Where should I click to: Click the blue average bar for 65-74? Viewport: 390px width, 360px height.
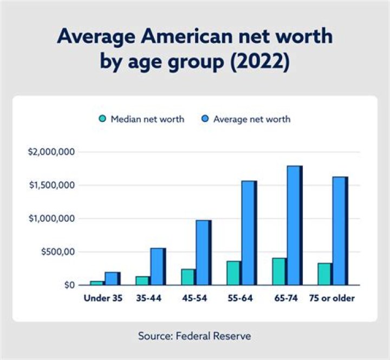(x=294, y=225)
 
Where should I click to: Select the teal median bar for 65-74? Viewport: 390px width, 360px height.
(x=279, y=271)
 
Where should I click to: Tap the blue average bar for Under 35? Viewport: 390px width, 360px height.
(x=112, y=278)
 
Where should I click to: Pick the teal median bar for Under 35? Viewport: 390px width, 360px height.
(x=97, y=282)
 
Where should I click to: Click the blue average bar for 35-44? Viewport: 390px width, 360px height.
(x=158, y=266)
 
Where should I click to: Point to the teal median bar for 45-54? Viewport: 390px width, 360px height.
(x=188, y=277)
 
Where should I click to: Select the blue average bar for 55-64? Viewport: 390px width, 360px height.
(x=249, y=233)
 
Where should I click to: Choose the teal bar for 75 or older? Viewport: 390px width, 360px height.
(x=324, y=274)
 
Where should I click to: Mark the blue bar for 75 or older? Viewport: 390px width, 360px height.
(x=340, y=230)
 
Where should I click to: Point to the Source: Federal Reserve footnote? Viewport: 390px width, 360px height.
(x=194, y=336)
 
